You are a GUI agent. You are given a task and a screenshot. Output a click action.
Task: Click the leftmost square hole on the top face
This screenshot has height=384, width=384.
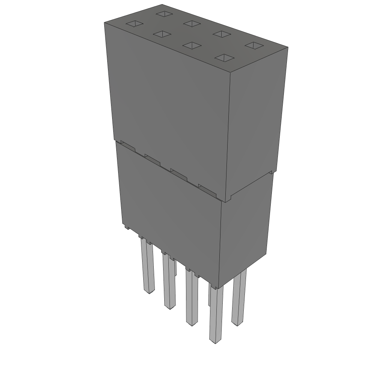pyautogui.click(x=134, y=24)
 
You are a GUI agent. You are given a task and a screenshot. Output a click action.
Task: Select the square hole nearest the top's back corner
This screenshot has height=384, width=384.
pyautogui.click(x=164, y=14)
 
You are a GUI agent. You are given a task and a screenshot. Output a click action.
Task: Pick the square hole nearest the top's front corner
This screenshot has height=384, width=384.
pyautogui.click(x=224, y=58)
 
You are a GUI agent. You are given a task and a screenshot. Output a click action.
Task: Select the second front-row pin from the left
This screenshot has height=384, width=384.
pyautogui.click(x=169, y=281)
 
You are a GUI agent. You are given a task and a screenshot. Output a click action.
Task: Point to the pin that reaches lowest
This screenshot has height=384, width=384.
pyautogui.click(x=216, y=315)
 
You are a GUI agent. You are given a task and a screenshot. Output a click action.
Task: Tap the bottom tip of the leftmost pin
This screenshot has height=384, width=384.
pyautogui.click(x=150, y=291)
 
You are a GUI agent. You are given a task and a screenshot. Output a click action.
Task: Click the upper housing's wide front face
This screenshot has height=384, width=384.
pyautogui.click(x=169, y=105)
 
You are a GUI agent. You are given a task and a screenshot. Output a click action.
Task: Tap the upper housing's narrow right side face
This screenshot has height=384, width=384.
pyautogui.click(x=255, y=120)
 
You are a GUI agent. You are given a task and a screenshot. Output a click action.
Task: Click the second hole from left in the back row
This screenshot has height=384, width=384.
pyautogui.click(x=192, y=24)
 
